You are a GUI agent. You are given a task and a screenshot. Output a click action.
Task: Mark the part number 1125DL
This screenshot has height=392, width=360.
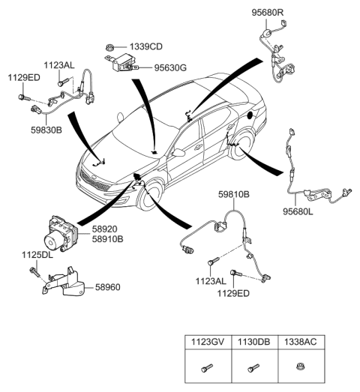coord(36,256)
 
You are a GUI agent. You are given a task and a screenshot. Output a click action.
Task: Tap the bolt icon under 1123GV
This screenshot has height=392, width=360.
coord(208,369)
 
